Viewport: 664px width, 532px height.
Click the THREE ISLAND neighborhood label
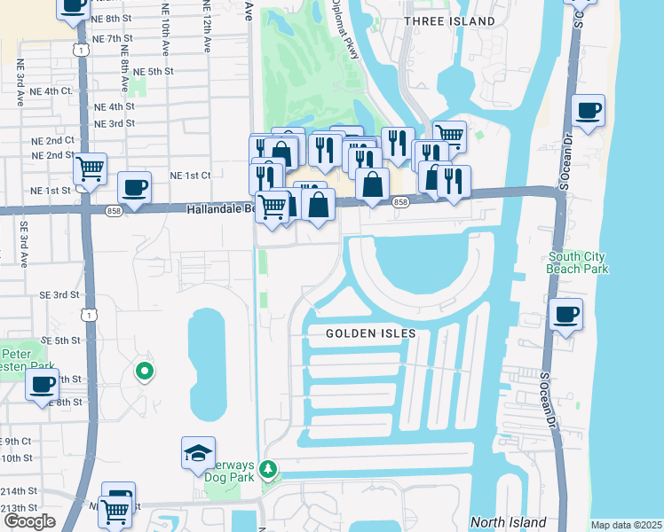[x=449, y=20]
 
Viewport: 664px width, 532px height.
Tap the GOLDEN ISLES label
[x=371, y=333]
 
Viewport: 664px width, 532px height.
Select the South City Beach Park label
[x=577, y=262]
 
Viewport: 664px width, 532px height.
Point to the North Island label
[x=508, y=522]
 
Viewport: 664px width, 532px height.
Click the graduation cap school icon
[x=198, y=454]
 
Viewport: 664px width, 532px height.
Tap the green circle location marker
[x=142, y=372]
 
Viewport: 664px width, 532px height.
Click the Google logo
[x=28, y=521]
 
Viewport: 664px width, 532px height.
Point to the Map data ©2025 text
[x=626, y=525]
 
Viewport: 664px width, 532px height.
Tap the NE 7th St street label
[x=114, y=39]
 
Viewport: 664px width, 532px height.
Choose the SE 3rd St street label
[x=59, y=294]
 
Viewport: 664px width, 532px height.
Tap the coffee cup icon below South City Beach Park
[x=565, y=314]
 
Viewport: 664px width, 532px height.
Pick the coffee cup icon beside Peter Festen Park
[x=42, y=385]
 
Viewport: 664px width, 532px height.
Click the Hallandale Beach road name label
[x=218, y=209]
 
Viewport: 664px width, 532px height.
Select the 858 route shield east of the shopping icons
[x=399, y=202]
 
